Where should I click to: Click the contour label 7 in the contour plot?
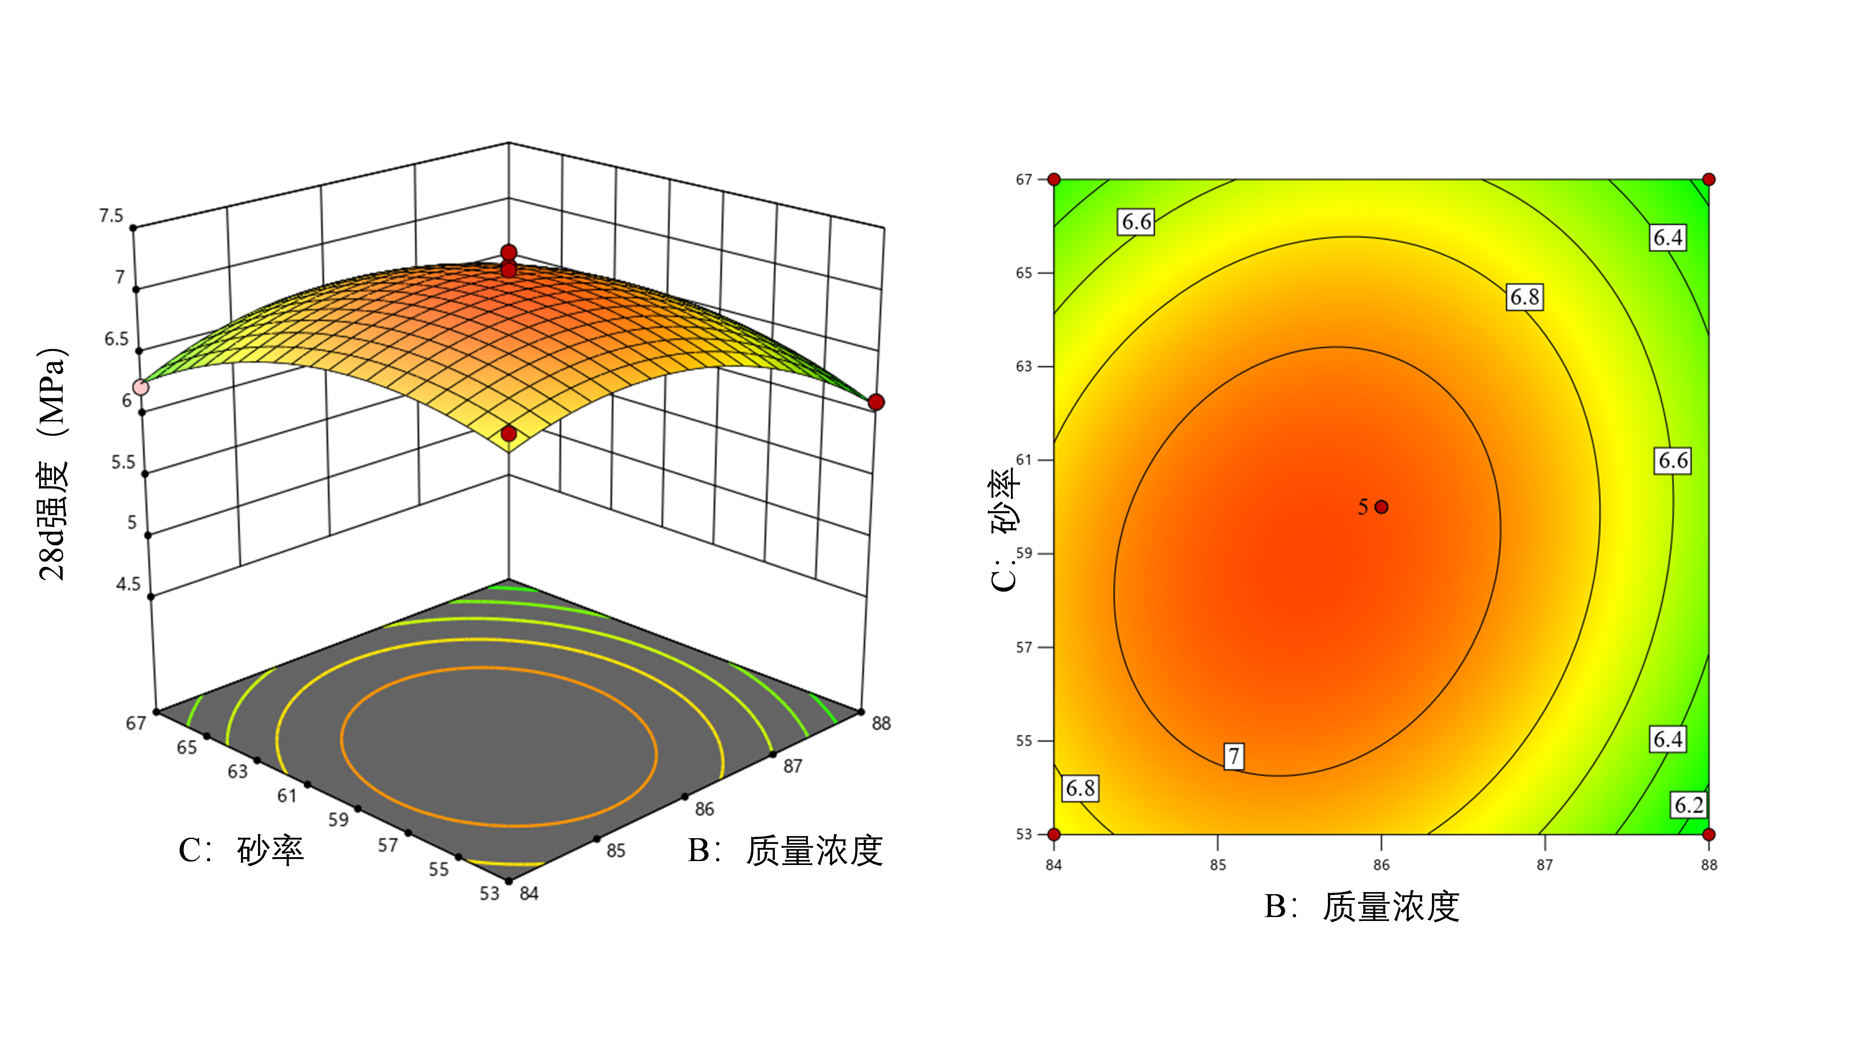click(1233, 756)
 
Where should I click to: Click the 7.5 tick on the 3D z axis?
click(111, 216)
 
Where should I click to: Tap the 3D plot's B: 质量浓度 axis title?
click(785, 851)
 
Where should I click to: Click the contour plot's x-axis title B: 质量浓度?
click(1362, 907)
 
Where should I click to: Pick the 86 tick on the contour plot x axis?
click(1381, 865)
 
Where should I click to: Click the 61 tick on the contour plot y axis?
click(1023, 460)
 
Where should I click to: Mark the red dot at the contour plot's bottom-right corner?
click(1708, 834)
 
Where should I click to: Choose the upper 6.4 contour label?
click(1668, 238)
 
